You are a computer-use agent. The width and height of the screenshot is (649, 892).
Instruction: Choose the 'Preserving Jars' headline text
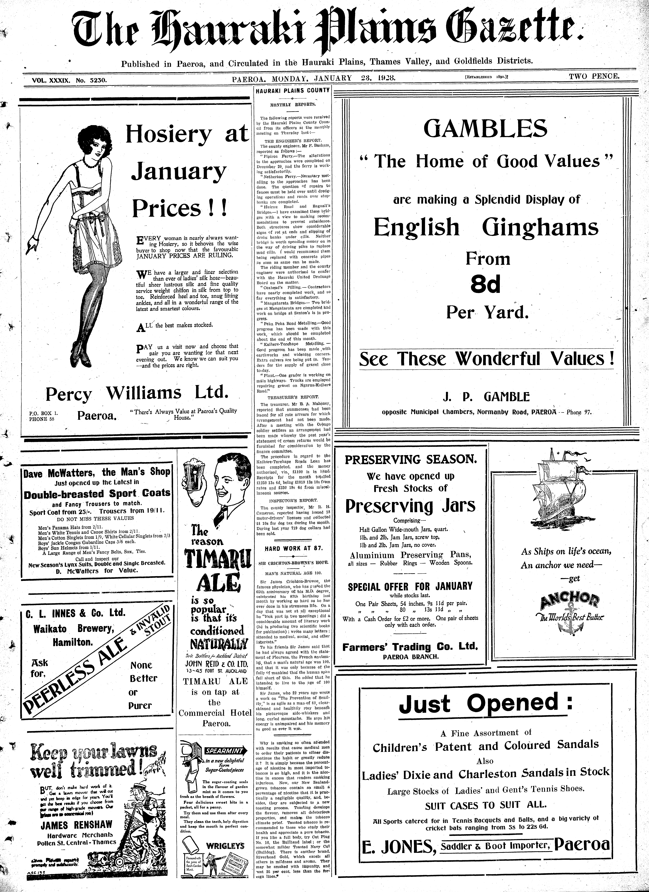click(x=410, y=506)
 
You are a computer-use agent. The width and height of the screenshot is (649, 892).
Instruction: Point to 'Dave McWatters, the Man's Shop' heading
click(x=97, y=472)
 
